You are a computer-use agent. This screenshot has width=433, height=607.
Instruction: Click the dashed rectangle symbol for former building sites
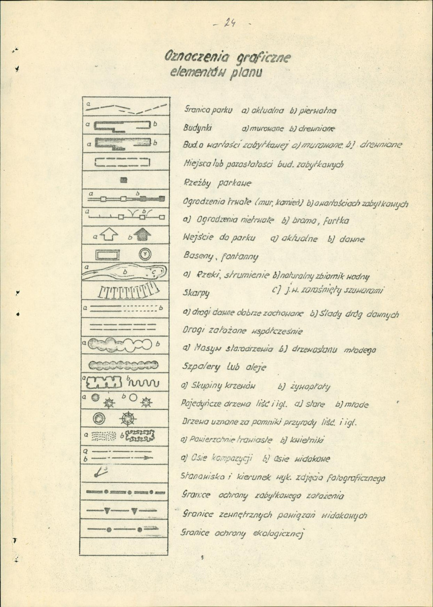click(124, 162)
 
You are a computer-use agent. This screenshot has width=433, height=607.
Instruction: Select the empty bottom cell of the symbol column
click(124, 546)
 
